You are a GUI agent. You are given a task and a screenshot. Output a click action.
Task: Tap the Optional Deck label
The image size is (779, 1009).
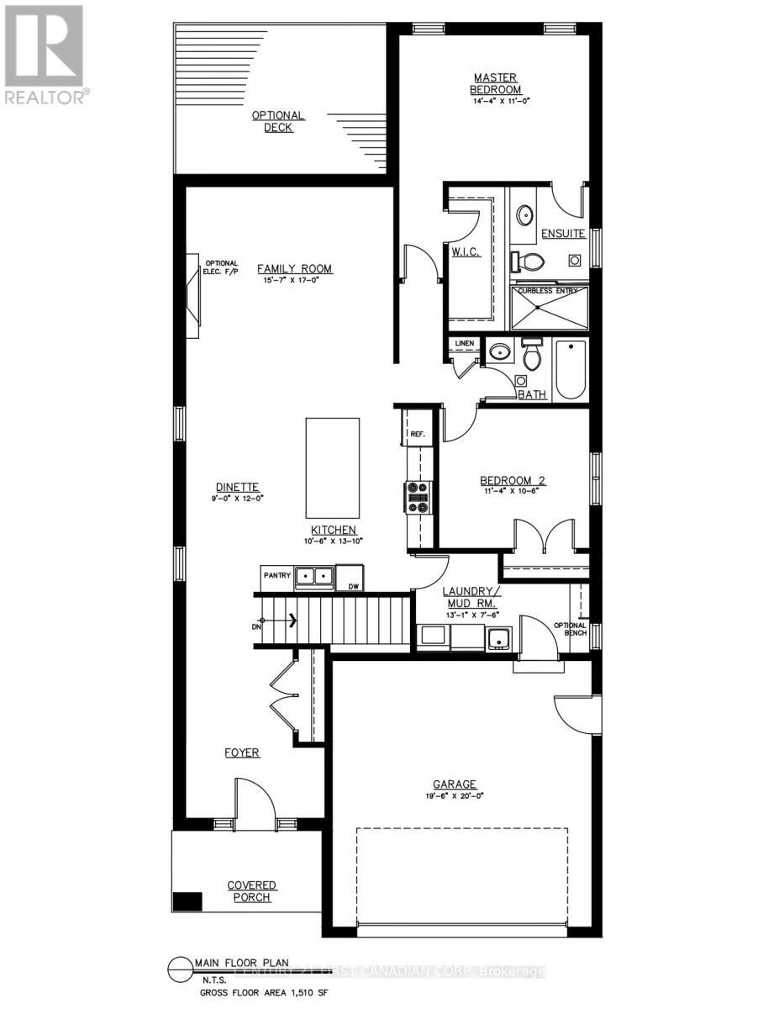(278, 121)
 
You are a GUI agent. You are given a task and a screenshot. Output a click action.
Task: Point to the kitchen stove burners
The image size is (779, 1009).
(418, 496)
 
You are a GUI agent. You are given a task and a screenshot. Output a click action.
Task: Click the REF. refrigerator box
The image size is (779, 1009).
(418, 435)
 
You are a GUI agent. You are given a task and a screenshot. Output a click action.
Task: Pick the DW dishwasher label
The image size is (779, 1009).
(353, 587)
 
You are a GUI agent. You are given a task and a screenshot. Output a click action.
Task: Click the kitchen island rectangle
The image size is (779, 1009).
(333, 468)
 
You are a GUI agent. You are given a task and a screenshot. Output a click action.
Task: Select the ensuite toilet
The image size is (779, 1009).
(529, 262)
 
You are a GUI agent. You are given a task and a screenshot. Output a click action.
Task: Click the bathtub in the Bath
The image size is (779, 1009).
(571, 369)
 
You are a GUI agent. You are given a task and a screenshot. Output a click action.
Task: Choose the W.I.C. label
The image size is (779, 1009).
(465, 253)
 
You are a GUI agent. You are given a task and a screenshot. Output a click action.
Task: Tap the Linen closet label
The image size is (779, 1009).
(465, 344)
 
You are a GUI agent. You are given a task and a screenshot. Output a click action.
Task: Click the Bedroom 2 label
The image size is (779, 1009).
(513, 481)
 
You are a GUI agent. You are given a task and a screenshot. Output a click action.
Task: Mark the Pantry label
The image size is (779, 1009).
(276, 576)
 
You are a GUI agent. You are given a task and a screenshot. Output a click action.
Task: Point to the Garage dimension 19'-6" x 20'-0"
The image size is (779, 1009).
(455, 795)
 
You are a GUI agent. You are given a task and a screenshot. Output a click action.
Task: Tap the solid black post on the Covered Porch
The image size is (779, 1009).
(187, 901)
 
